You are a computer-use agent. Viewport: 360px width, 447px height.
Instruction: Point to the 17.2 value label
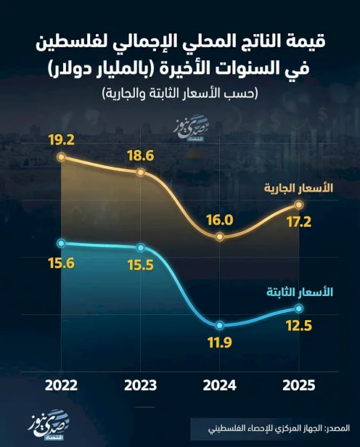click(298, 222)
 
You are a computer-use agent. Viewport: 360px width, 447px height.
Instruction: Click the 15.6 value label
click(62, 263)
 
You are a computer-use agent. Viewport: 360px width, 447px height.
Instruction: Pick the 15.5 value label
click(141, 265)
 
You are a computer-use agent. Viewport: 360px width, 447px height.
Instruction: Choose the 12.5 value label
click(298, 326)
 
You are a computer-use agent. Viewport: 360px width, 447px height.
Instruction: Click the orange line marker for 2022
click(62, 157)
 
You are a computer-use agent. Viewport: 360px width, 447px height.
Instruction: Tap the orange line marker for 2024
click(220, 237)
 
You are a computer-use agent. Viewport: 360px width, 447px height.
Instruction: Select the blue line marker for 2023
click(141, 247)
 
